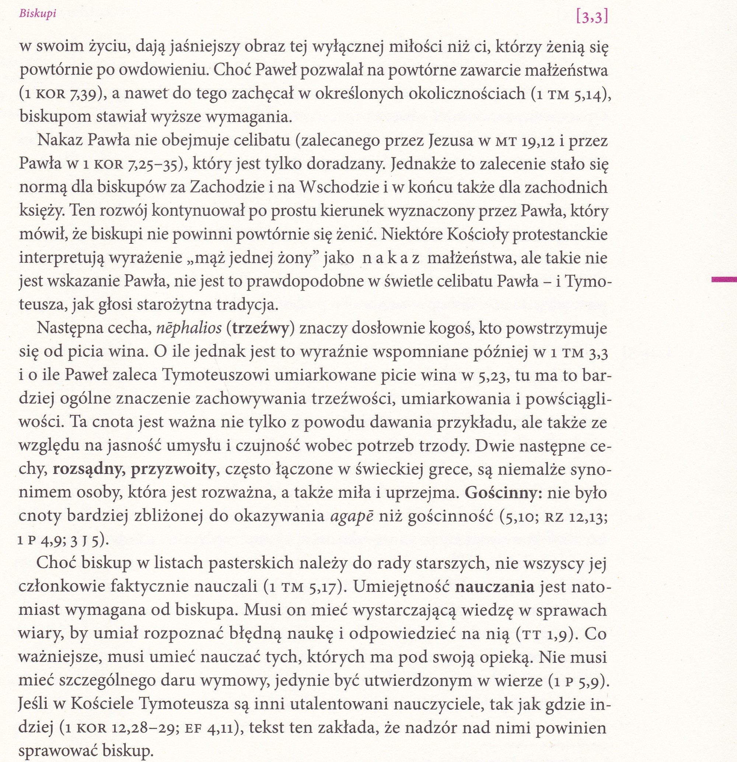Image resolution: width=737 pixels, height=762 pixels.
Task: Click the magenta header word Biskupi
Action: pyautogui.click(x=37, y=14)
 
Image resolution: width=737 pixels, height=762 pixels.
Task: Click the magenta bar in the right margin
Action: pyautogui.click(x=724, y=278)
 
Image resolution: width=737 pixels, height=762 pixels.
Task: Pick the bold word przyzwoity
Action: pyautogui.click(x=173, y=469)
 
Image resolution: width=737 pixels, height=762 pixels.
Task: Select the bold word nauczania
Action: pyautogui.click(x=494, y=587)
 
